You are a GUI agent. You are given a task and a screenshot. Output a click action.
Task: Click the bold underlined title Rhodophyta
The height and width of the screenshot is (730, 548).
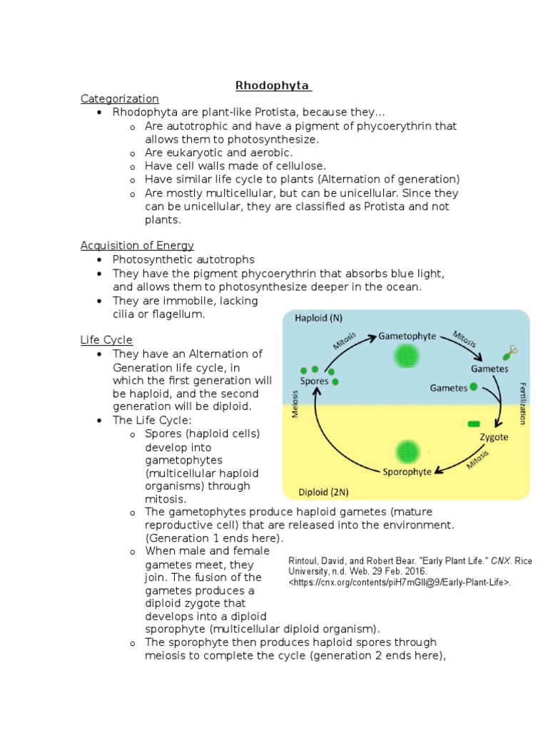point(273,86)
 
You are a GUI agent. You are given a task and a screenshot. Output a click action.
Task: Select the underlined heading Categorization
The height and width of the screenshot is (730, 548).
point(119,99)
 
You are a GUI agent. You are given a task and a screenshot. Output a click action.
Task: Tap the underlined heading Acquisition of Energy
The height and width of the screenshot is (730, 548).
point(137,246)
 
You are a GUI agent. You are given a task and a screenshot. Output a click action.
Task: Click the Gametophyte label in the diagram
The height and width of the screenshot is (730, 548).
point(407,335)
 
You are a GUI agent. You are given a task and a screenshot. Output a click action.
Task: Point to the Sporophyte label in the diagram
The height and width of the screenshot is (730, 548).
point(407,471)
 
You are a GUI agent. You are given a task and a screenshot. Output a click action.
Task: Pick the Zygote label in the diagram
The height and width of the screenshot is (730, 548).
point(494,437)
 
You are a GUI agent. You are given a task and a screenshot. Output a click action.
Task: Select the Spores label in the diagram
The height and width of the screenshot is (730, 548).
point(314,381)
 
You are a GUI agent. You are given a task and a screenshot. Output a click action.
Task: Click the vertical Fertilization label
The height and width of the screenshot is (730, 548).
point(522,402)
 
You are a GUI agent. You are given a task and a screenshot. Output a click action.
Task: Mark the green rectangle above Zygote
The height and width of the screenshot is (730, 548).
point(474,424)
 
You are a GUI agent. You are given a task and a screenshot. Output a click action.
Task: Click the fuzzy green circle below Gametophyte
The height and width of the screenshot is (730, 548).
point(407,355)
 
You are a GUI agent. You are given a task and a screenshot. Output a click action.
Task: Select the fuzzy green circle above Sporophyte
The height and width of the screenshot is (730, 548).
point(407,450)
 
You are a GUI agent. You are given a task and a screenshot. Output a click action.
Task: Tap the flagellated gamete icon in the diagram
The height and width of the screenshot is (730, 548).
point(508,352)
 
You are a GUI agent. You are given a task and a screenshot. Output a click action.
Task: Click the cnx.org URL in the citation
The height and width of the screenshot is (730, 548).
point(400,582)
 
